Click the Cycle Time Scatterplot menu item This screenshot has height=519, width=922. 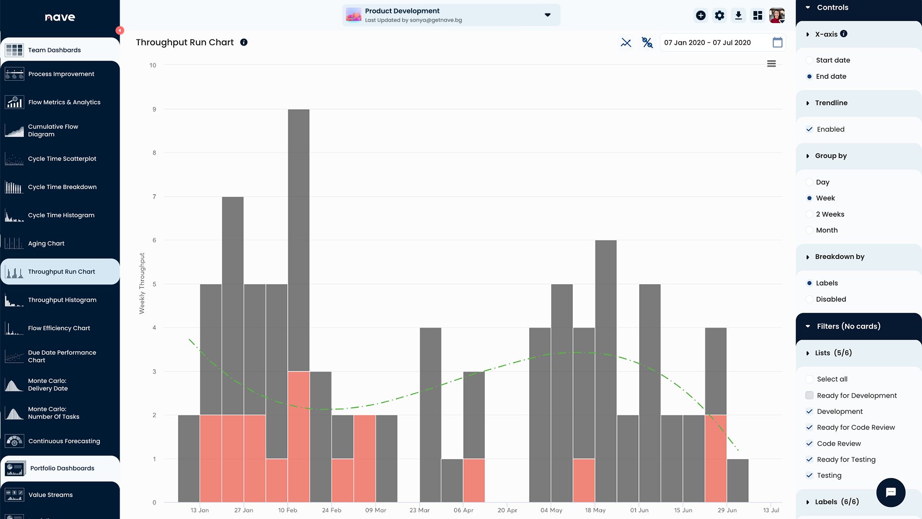coord(62,159)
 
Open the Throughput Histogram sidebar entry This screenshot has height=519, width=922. coord(62,300)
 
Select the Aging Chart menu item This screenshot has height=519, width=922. coord(46,244)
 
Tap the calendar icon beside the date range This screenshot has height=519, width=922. coord(777,42)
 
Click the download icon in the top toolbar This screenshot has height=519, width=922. coord(739,15)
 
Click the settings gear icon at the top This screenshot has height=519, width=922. coord(719,15)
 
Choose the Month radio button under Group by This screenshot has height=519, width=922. coord(810,230)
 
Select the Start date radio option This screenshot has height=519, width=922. coord(810,60)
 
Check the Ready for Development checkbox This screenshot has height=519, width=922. coord(810,395)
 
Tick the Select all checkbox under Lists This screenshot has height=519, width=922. coord(810,379)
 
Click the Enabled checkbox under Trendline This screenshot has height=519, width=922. coord(810,129)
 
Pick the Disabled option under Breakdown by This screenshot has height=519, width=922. coord(810,299)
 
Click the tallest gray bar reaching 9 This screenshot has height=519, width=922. coord(299,240)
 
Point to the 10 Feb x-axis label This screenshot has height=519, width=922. coord(288,510)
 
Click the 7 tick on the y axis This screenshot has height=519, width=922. coord(154,197)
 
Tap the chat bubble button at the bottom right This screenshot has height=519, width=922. coord(891,492)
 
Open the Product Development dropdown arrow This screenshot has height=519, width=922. coord(547,15)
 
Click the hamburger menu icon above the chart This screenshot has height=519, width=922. coord(772,64)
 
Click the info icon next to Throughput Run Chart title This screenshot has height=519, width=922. coord(244,42)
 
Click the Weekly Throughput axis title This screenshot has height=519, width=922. coord(142,284)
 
